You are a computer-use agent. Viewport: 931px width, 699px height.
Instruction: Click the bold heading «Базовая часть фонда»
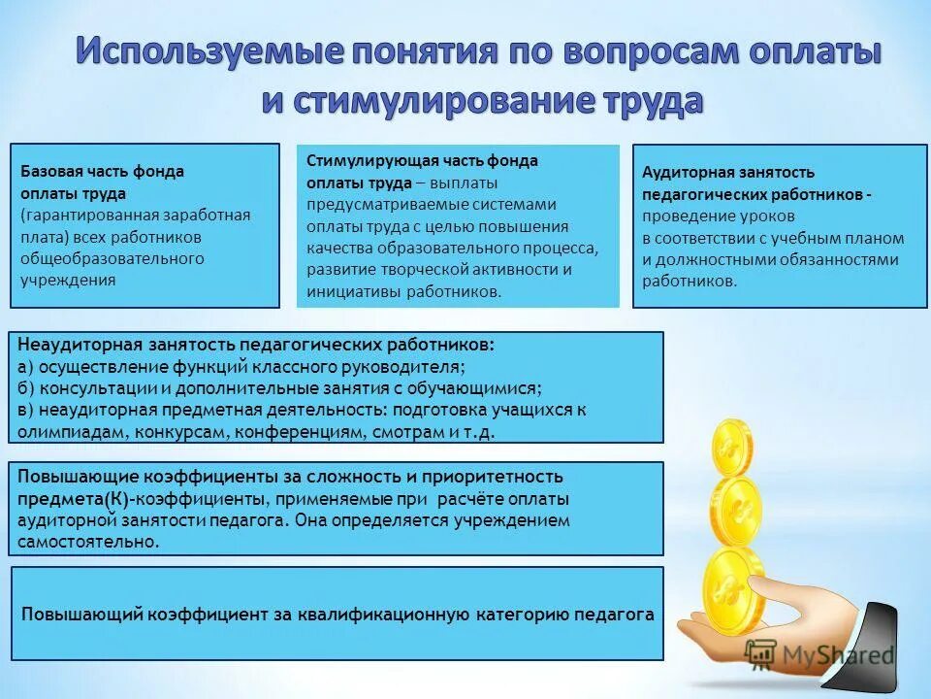pos(103,172)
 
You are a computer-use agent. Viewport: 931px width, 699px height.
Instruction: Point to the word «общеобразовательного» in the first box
pos(112,258)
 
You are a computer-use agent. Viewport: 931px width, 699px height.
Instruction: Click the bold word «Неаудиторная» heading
pos(80,345)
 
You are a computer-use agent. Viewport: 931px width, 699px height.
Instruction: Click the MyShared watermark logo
pos(819,654)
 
